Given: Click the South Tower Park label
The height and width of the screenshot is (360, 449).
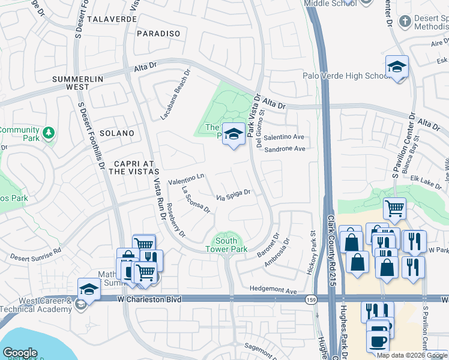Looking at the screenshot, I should tap(226, 244).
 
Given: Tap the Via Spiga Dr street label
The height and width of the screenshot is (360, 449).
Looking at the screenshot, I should tap(233, 195).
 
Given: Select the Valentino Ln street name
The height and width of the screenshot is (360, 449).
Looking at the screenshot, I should tap(187, 178).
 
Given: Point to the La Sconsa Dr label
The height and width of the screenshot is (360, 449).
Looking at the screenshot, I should tap(195, 200).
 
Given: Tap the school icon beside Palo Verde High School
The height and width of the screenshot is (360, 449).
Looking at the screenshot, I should tap(397, 67).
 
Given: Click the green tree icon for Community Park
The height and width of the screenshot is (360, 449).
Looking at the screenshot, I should tap(49, 131).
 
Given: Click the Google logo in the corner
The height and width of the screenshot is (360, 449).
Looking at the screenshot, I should tap(20, 353).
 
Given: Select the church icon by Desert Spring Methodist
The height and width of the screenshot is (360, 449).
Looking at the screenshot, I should tap(405, 22).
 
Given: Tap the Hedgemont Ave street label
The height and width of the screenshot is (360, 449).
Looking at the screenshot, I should tap(274, 291).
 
